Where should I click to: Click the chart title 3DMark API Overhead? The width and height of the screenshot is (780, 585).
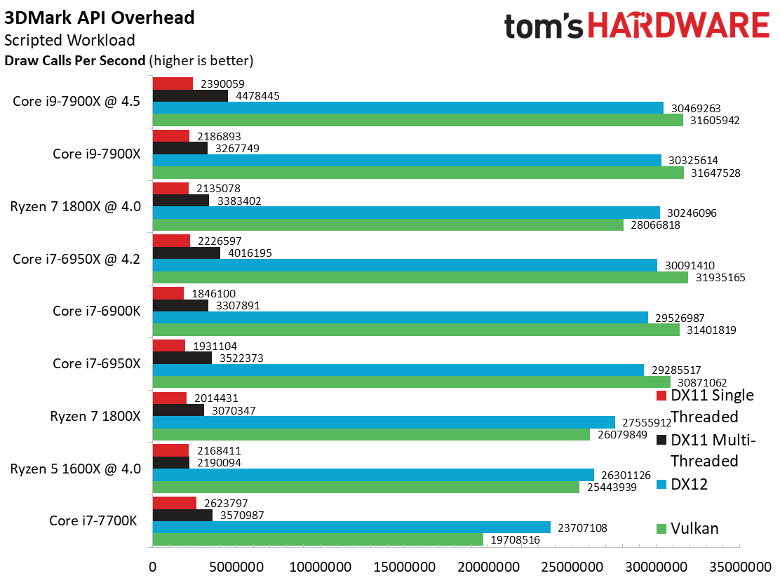coord(100,18)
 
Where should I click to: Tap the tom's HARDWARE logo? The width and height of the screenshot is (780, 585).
coord(637,25)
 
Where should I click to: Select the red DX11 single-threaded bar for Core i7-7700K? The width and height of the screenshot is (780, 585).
coord(175,503)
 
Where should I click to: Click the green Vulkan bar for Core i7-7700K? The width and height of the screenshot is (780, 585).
coord(318,539)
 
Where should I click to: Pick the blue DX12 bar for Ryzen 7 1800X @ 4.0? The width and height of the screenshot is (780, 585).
coord(406,213)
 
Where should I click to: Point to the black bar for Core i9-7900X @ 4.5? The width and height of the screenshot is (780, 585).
coord(191,95)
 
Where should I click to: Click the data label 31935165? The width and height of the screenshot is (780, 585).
coord(720,278)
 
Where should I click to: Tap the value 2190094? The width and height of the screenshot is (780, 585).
coord(219,463)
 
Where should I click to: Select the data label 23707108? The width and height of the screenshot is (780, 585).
coord(582,527)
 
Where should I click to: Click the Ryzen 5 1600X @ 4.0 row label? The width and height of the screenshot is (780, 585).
coord(76,469)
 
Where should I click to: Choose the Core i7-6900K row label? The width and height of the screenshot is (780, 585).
coord(97,311)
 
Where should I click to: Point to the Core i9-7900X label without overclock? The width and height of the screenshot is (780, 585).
coord(97,154)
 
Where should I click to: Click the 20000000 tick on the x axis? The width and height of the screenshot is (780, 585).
coord(488,567)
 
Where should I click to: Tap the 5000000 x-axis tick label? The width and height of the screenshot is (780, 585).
coord(236,567)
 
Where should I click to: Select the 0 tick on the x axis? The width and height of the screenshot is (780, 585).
coord(153,567)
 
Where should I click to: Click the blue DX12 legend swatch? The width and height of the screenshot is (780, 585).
coord(661,485)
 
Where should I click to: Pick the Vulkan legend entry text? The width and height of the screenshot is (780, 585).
coord(694,528)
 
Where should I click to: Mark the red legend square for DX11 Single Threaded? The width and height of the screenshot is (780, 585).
coord(661,396)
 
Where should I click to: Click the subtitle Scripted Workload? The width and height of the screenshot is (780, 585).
coord(69,40)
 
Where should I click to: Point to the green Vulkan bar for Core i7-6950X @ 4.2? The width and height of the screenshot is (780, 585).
coord(420,278)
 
